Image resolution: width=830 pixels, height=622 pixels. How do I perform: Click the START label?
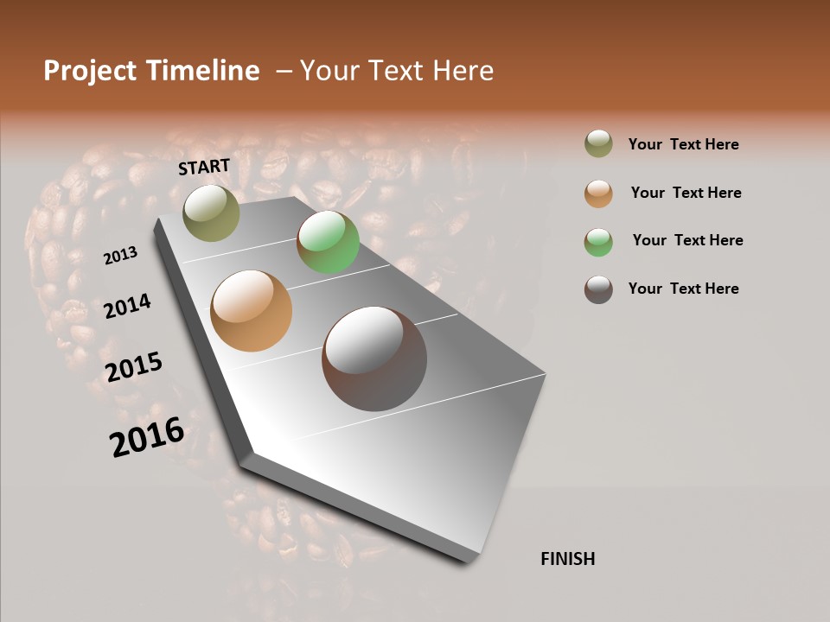coord(204,167)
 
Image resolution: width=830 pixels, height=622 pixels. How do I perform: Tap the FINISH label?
coord(567,559)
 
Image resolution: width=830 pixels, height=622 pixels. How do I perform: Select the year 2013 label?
coord(120,256)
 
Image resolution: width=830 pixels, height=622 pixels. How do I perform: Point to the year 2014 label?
coord(127,306)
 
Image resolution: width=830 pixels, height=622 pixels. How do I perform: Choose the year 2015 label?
coord(134,367)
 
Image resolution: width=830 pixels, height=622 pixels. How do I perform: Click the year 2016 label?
coord(147,437)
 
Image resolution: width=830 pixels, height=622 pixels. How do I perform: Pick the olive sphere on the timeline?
coord(212,213)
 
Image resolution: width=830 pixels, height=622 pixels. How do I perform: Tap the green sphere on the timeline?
coord(328,242)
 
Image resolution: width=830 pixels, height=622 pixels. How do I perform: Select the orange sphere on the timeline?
coord(252,311)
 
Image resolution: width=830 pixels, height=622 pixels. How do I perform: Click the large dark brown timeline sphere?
coord(374,359)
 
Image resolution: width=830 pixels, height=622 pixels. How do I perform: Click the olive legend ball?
coord(598,144)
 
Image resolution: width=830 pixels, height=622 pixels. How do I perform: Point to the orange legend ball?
coord(598,193)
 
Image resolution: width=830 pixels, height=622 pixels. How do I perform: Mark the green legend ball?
coord(598,241)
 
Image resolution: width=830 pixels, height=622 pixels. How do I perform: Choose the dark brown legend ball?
coord(598,289)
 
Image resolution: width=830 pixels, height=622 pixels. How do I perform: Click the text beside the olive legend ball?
coord(683,144)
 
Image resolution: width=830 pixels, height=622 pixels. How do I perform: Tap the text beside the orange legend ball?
coord(686,193)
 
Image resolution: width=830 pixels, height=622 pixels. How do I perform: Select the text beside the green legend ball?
coord(687,240)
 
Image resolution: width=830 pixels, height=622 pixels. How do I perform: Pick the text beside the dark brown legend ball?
coord(683,289)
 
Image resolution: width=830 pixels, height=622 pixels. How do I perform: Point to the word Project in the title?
coord(90,71)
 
